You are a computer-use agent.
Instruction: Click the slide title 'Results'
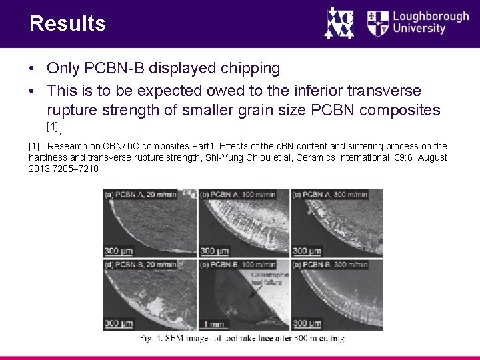(67, 24)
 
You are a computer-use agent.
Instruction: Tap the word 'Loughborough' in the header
(431, 15)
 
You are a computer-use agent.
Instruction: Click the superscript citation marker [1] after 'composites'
(53, 125)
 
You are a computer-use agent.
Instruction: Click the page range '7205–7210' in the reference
(76, 169)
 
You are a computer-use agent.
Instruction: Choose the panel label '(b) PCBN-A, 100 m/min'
(239, 195)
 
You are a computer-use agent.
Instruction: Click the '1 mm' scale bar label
(213, 324)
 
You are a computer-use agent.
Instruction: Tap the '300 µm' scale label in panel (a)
(119, 251)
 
